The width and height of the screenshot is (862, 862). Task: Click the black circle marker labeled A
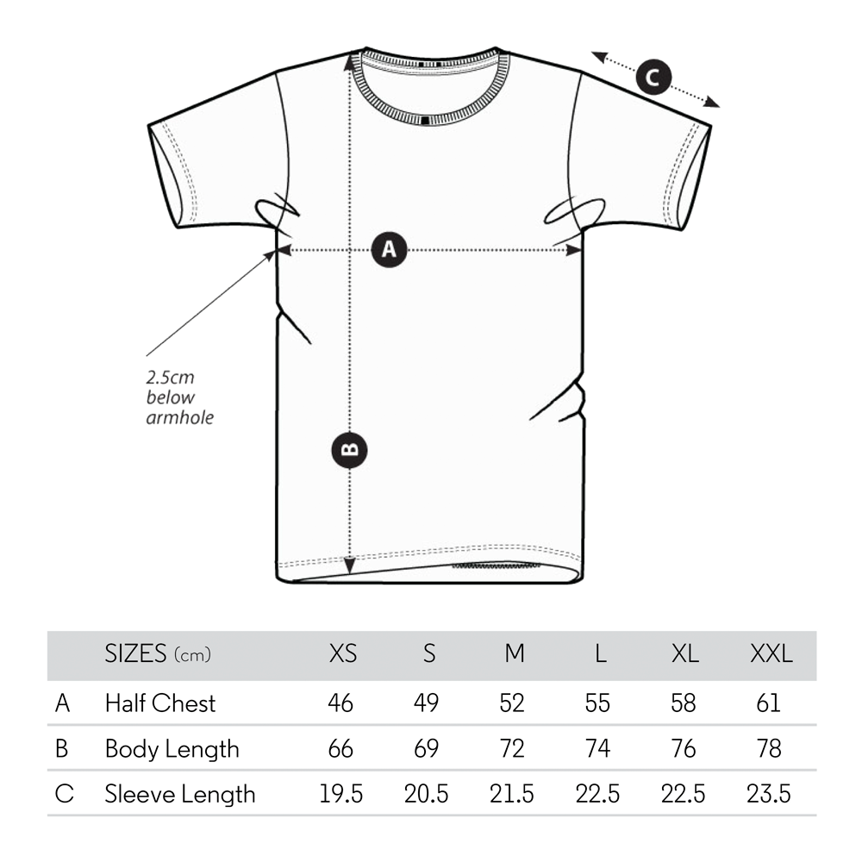(390, 250)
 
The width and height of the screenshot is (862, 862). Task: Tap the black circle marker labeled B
(350, 450)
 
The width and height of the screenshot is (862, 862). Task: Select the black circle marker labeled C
(653, 77)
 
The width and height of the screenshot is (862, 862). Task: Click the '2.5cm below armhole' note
(180, 397)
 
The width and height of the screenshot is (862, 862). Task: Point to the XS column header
(342, 653)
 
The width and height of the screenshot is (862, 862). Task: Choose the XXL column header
(771, 653)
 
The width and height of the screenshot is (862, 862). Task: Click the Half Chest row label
(160, 703)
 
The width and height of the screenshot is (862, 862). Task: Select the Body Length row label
(172, 749)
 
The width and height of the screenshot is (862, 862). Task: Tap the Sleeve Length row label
(180, 795)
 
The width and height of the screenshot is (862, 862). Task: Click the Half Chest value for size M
(512, 703)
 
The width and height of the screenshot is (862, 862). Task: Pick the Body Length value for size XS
(340, 749)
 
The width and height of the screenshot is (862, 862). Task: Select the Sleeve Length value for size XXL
(769, 795)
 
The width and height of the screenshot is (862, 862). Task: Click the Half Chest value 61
(769, 703)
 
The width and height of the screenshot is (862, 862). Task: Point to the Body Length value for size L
(597, 749)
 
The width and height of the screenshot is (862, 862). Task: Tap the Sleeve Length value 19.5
(340, 795)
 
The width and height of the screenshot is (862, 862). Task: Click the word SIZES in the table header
(135, 653)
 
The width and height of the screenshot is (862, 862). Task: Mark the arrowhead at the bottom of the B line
(350, 565)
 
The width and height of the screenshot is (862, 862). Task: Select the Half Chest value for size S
(426, 703)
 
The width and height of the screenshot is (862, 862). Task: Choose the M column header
(515, 653)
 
